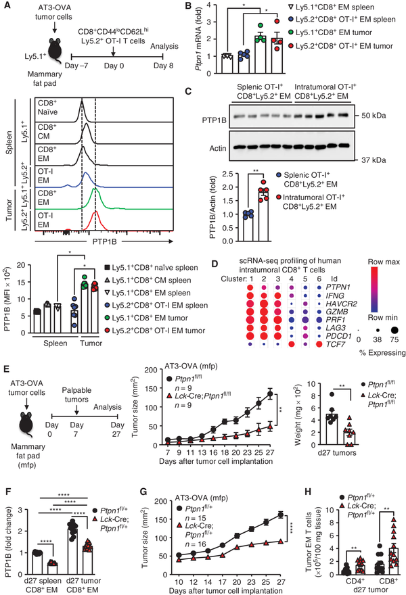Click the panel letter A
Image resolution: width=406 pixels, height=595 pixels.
(7, 6)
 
